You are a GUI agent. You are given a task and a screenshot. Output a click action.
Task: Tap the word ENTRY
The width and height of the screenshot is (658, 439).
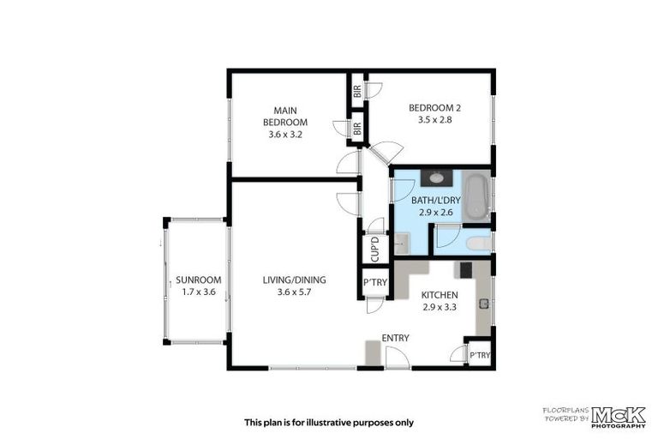click(396, 338)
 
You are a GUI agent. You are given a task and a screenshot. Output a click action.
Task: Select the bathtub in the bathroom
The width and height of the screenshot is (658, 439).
click(478, 196)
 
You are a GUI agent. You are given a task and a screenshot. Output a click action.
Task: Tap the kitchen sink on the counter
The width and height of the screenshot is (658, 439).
click(486, 302)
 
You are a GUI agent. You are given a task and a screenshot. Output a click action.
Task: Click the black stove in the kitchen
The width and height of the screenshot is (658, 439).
click(466, 269)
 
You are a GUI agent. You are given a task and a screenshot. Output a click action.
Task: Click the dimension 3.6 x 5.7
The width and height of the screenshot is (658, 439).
click(295, 292)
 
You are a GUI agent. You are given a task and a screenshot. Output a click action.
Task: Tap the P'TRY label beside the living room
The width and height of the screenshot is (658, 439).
click(374, 283)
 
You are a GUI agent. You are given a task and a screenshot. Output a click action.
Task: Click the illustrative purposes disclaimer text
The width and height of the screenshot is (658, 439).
click(328, 422)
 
